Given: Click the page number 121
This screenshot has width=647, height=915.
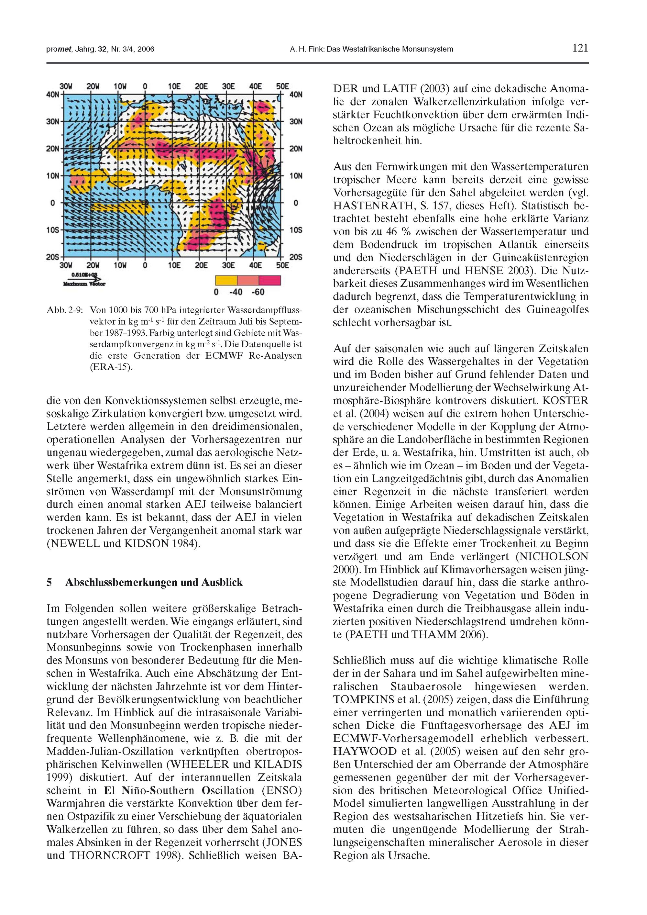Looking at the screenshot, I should click(x=580, y=48).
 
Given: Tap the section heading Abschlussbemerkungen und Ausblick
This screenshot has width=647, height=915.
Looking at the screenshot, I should click(x=153, y=583).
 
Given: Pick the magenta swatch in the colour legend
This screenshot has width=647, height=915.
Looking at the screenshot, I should click(x=270, y=281).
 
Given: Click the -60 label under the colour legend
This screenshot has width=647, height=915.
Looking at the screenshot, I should click(x=258, y=292).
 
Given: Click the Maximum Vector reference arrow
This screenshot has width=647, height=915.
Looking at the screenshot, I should click(x=84, y=279).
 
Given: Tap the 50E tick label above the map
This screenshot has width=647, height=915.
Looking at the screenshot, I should click(x=282, y=86).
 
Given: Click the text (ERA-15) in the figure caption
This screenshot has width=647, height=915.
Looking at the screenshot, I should click(x=111, y=367).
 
